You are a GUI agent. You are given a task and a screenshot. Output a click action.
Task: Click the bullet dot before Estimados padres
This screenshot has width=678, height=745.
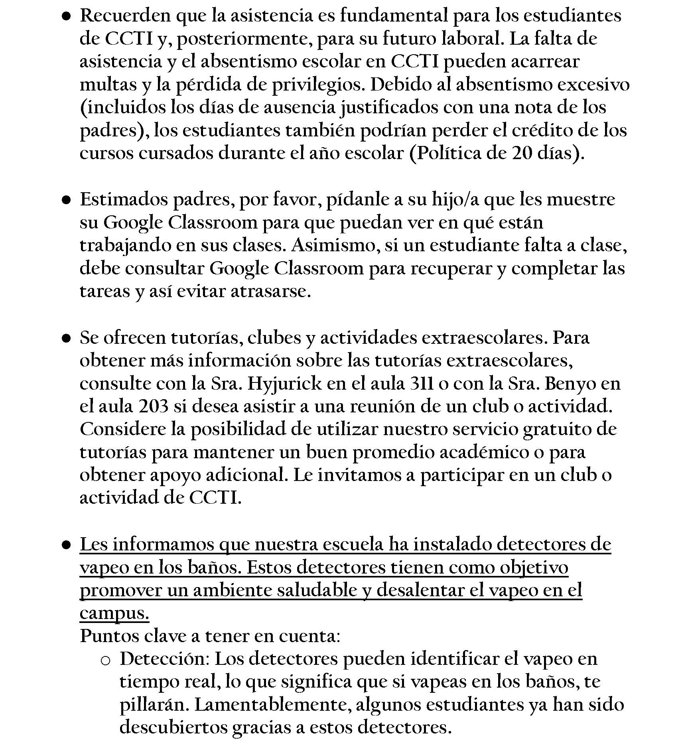67,200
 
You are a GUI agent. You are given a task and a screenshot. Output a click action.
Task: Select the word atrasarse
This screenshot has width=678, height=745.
270,292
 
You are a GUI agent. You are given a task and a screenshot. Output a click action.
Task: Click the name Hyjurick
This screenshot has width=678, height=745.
284,384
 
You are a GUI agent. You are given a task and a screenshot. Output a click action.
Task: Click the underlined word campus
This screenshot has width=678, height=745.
114,613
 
